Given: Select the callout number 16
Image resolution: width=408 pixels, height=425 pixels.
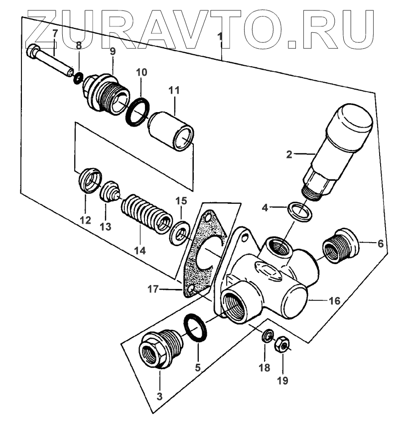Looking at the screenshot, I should [x=334, y=301].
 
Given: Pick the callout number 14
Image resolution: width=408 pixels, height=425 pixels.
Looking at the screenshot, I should [x=142, y=251].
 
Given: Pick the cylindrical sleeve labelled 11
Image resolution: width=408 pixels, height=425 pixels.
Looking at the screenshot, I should [x=172, y=129].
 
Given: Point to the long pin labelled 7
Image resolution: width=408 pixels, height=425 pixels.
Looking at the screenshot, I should [x=49, y=58].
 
